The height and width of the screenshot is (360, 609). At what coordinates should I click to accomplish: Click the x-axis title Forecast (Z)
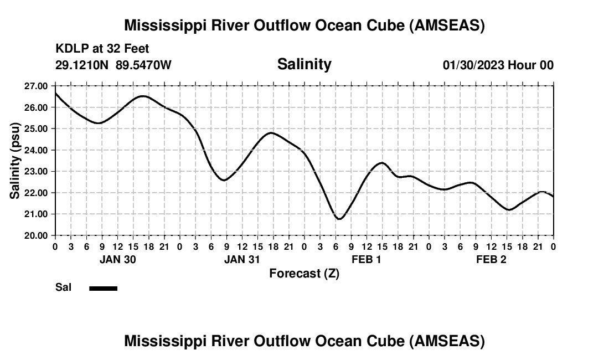304,273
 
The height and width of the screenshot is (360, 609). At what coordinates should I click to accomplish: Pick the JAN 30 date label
117,260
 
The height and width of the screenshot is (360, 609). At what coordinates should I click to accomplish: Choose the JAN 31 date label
242,260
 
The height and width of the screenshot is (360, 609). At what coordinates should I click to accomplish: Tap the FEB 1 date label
367,260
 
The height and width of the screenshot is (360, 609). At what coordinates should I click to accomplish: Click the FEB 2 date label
491,260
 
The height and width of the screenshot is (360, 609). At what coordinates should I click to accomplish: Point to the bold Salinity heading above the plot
304,64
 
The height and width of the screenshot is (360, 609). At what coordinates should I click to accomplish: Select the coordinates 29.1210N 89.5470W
113,65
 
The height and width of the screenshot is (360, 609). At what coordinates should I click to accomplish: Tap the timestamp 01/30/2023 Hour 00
498,65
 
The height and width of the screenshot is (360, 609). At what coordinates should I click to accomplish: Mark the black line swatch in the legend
103,288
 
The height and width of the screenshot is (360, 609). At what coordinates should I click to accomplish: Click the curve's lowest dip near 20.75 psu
339,219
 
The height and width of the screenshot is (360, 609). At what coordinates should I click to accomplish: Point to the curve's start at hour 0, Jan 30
55,93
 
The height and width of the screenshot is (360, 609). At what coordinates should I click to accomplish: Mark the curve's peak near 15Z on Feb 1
381,163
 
